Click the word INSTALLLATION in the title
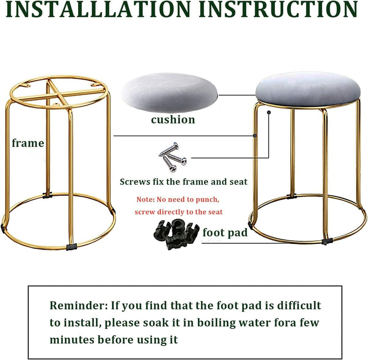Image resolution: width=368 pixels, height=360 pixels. pos(98,9)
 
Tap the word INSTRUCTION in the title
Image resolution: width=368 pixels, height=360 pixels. pos(279,9)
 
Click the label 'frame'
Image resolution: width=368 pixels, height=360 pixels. pos(28,143)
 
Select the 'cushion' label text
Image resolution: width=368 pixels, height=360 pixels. pos(173,120)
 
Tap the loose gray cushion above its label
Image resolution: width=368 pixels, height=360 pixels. pos(170,93)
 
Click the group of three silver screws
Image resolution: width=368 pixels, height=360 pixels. pos(172,157)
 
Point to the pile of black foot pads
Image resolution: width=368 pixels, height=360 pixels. pos(176,234)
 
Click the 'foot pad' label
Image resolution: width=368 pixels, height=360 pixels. pos(225,232)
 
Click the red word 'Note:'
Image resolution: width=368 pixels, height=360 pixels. pos(146,199)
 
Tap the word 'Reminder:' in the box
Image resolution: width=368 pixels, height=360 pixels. pos(79,305)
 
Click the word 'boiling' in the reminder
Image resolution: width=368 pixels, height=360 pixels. pos(216,323)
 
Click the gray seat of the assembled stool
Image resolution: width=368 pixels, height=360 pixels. pos(308,89)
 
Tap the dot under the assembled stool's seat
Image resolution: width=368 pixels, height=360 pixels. pos(269,113)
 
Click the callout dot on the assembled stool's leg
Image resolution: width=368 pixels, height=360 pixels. pos(255,136)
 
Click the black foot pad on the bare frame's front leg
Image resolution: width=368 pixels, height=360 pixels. pos(72,247)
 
